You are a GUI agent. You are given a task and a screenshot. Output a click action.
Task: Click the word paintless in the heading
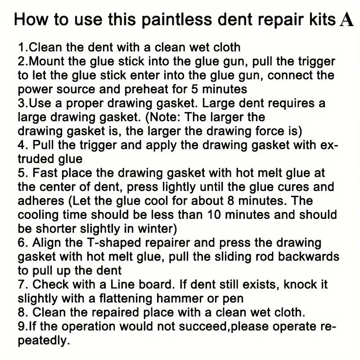pyautogui.click(x=176, y=20)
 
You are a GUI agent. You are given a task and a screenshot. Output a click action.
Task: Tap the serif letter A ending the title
pyautogui.click(x=346, y=20)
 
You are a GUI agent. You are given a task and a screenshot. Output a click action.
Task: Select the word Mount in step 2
pyautogui.click(x=47, y=62)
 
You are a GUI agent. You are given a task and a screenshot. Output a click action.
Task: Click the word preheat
pyautogui.click(x=147, y=90)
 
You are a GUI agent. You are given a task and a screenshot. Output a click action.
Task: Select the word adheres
pyautogui.click(x=41, y=201)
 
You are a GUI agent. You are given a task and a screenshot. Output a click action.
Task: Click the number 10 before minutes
pyautogui.click(x=214, y=215)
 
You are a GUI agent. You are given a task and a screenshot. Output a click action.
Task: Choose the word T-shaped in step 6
pyautogui.click(x=114, y=243)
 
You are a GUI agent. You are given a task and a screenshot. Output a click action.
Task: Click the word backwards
pyautogui.click(x=309, y=257)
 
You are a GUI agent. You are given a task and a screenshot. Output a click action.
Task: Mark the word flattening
pyautogui.click(x=126, y=299)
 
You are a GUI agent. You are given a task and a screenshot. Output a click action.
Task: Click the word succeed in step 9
pyautogui.click(x=203, y=327)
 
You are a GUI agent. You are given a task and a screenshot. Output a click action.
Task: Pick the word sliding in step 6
pyautogui.click(x=233, y=257)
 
